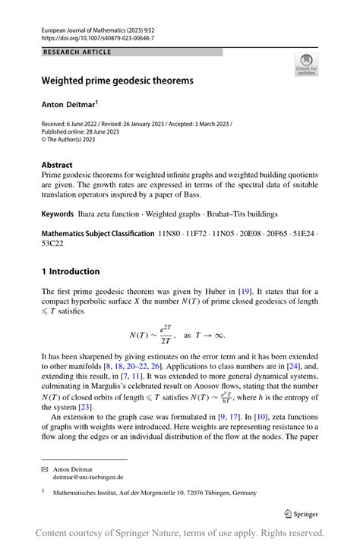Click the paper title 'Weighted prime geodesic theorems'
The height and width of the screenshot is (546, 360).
(x=117, y=80)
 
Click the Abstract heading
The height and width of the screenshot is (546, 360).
(x=57, y=165)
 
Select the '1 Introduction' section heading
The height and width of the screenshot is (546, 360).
(x=71, y=271)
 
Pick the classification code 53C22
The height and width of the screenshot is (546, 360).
(x=53, y=244)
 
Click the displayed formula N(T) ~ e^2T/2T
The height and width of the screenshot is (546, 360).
(x=175, y=335)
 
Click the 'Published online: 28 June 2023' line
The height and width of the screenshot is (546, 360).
(x=80, y=131)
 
